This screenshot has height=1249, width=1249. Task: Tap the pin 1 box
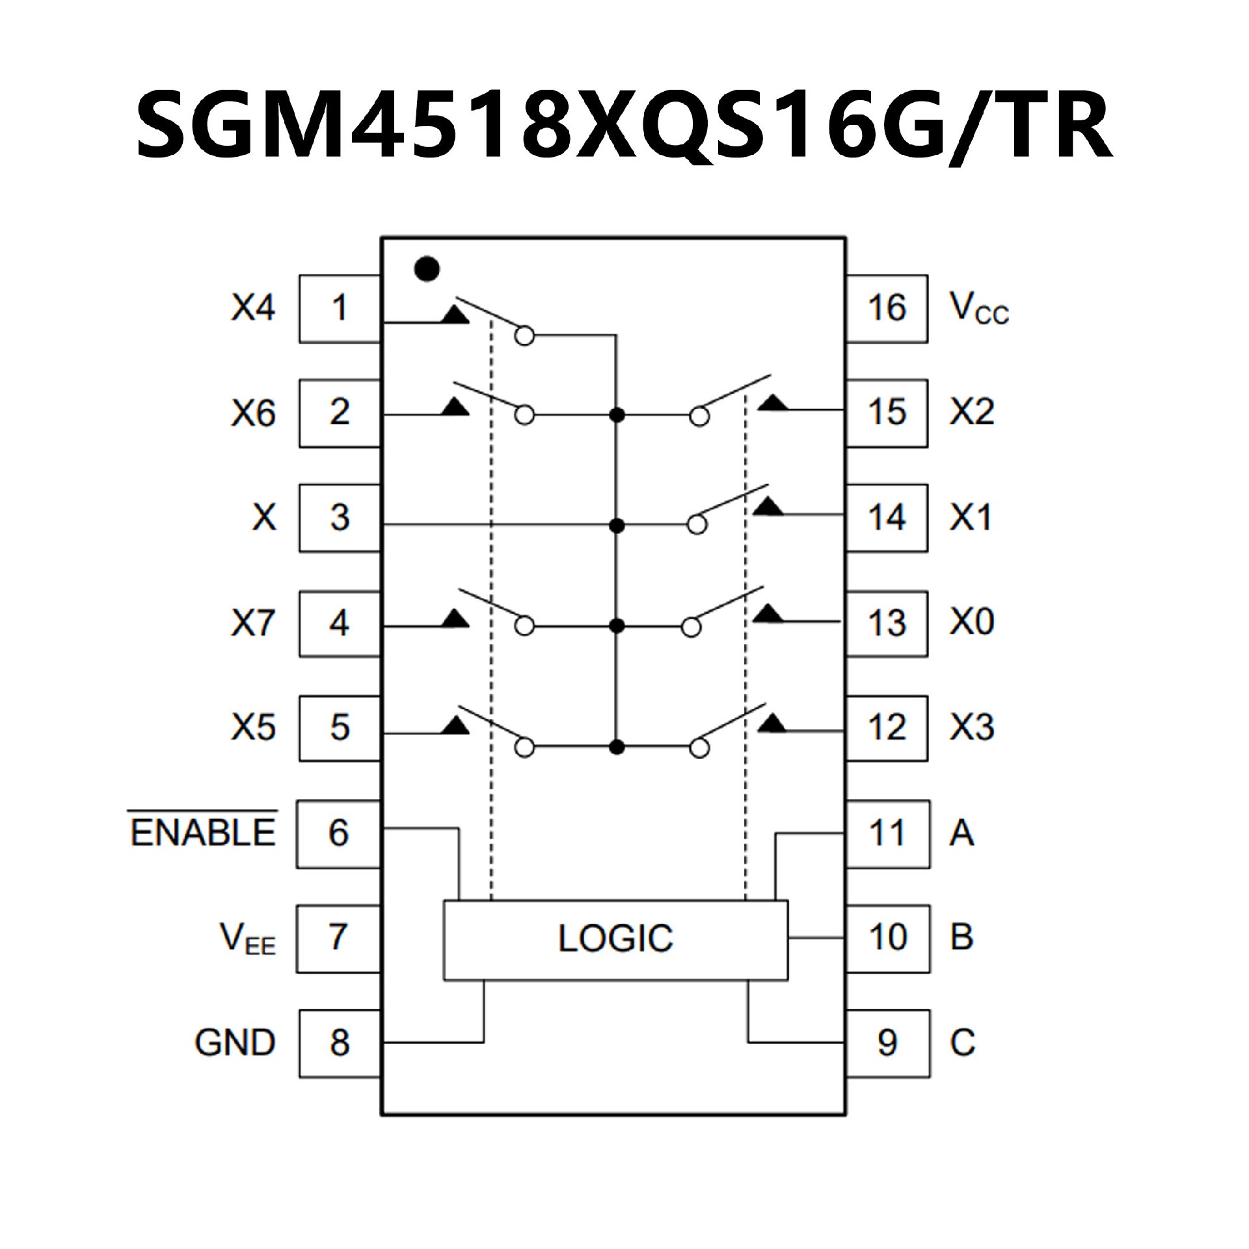pyautogui.click(x=339, y=308)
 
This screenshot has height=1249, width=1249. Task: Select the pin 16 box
pyautogui.click(x=886, y=308)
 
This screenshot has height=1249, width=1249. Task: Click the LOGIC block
pyautogui.click(x=615, y=939)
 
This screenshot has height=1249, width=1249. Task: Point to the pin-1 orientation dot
pyautogui.click(x=427, y=269)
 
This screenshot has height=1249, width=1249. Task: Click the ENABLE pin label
pyautogui.click(x=204, y=833)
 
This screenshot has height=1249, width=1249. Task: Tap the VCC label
pyautogui.click(x=978, y=308)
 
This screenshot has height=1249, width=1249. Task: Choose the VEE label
pyautogui.click(x=248, y=939)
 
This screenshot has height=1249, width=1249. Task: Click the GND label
pyautogui.click(x=235, y=1043)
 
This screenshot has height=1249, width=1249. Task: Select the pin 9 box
pyautogui.click(x=887, y=1043)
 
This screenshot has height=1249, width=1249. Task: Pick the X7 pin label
pyautogui.click(x=253, y=623)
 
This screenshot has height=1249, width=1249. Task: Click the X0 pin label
pyautogui.click(x=972, y=622)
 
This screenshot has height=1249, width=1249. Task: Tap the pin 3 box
pyautogui.click(x=339, y=518)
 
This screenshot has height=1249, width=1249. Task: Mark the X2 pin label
pyautogui.click(x=972, y=412)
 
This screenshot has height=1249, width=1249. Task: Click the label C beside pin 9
pyautogui.click(x=962, y=1043)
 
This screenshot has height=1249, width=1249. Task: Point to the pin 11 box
pyautogui.click(x=887, y=833)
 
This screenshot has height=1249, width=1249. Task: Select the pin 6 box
pyautogui.click(x=338, y=833)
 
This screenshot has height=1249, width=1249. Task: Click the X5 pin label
pyautogui.click(x=253, y=727)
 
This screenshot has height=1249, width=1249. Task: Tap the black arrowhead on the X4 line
pyautogui.click(x=456, y=315)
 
